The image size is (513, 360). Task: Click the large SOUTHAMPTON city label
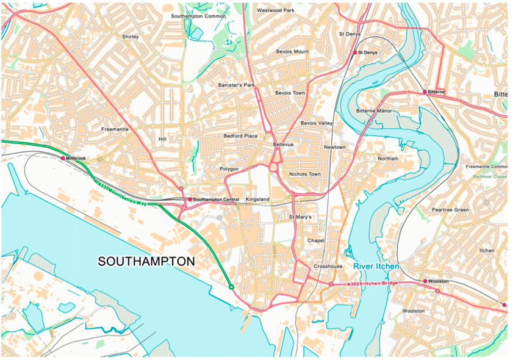click(146, 261)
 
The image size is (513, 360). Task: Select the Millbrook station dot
click(63, 158)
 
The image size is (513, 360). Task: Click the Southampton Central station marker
click(190, 200)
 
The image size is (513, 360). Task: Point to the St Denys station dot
click(355, 53)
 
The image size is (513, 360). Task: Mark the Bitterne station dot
click(425, 92)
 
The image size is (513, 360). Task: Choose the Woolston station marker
click(425, 281)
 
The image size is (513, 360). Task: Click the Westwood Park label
click(276, 10)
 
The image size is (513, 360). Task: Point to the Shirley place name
click(131, 37)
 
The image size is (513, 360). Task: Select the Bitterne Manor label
click(374, 111)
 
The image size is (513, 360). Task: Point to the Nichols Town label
click(305, 174)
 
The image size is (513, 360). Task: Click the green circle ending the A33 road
click(231, 287)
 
